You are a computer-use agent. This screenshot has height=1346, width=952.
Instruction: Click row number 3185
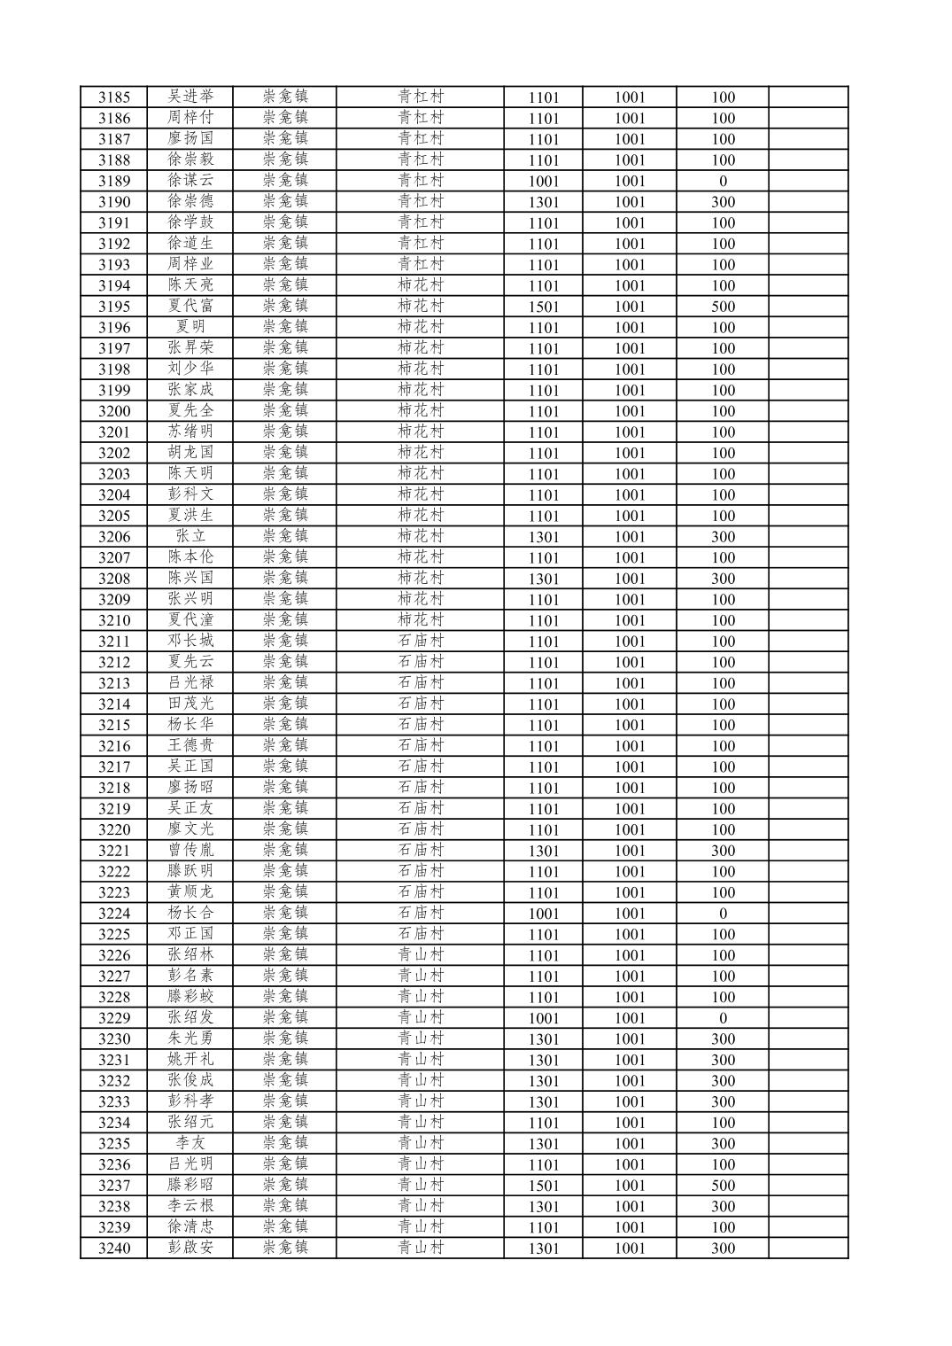click(113, 97)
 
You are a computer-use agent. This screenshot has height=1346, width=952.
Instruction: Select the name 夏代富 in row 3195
click(190, 307)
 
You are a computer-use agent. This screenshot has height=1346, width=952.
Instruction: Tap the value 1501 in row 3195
click(543, 307)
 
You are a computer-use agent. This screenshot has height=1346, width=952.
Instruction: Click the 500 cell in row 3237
click(723, 1186)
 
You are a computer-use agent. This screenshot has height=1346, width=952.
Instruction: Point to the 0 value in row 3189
click(723, 181)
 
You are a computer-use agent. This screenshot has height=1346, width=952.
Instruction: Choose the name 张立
click(190, 536)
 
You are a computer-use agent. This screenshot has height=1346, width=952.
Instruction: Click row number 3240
click(113, 1249)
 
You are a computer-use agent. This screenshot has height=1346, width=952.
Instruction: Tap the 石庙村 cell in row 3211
click(420, 641)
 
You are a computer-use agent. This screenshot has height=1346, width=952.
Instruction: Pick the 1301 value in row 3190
click(543, 202)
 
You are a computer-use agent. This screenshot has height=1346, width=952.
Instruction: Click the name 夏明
click(190, 327)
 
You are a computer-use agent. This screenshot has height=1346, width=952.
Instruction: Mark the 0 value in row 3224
click(723, 914)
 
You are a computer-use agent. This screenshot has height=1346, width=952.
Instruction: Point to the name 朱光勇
click(190, 1039)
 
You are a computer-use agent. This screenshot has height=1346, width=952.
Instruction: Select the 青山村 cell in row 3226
click(420, 955)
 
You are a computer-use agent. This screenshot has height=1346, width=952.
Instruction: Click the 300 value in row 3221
click(723, 851)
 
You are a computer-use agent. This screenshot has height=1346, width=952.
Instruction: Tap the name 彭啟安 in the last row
click(190, 1249)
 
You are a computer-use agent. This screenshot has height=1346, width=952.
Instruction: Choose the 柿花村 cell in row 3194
click(420, 285)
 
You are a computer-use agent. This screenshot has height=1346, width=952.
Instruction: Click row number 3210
click(113, 620)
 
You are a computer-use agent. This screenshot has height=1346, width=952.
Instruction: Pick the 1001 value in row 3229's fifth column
click(543, 1018)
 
